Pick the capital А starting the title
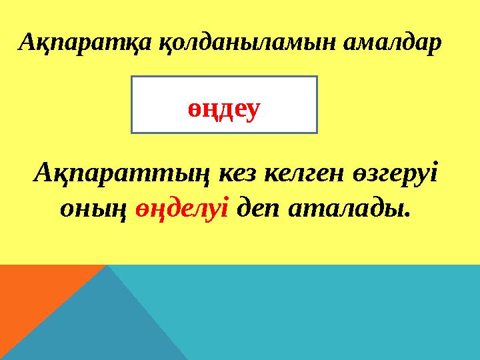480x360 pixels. click(28, 43)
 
